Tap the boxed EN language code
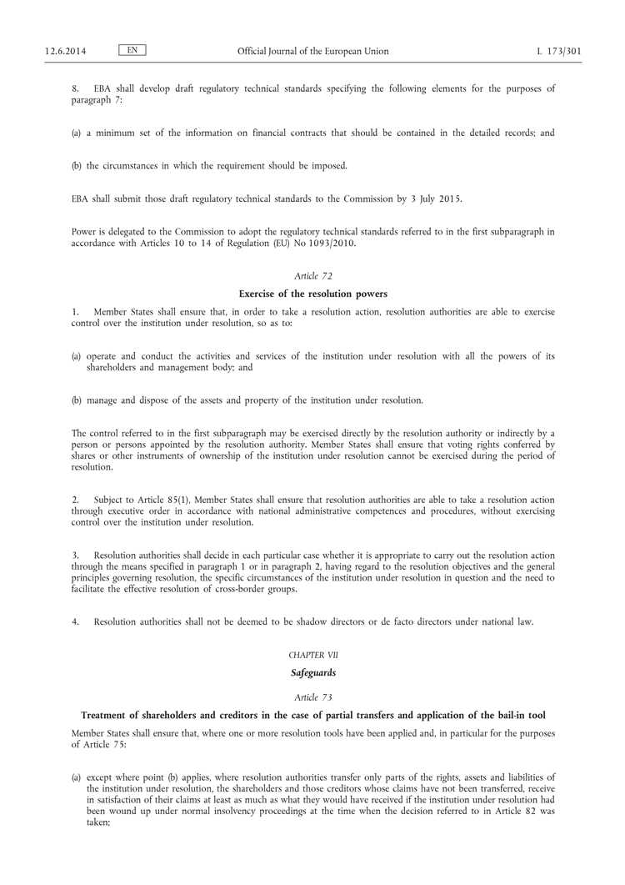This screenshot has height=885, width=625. coord(132,50)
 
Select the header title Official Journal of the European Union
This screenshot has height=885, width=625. coord(312,51)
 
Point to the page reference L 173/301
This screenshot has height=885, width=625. coord(559,51)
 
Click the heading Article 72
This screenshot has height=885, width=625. coord(312,275)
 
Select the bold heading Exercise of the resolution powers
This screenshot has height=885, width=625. coord(312,294)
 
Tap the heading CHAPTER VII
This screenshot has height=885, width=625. coord(312,656)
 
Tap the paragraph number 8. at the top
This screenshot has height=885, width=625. coord(75,88)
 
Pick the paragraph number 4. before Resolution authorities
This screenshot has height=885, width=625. coord(75,621)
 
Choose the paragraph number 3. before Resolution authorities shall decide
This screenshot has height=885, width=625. coord(75,555)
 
